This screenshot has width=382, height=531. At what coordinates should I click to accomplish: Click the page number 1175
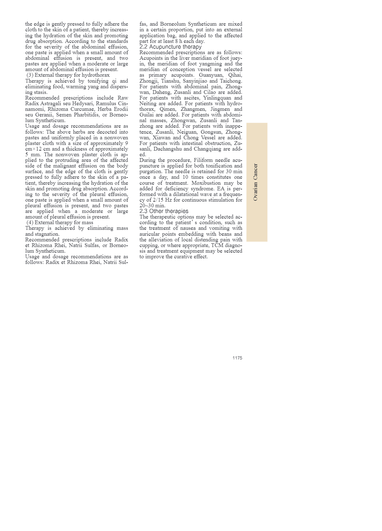237,358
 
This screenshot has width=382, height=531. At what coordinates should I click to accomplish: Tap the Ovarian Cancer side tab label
256,182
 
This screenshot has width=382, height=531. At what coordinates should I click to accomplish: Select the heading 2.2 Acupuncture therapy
170,47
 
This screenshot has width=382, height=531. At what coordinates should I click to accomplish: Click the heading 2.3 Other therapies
164,211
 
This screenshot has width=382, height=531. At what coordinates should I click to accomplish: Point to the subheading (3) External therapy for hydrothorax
68,75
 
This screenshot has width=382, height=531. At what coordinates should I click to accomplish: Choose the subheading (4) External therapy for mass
60,223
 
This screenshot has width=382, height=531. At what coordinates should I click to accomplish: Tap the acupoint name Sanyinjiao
194,81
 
